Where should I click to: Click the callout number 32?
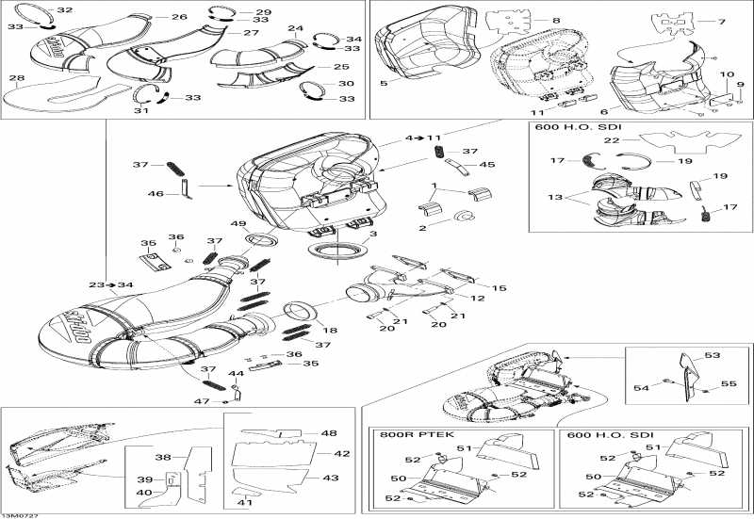click(x=64, y=10)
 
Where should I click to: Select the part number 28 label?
click(x=17, y=78)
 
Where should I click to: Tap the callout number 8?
click(x=555, y=20)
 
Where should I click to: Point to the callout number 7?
click(x=722, y=22)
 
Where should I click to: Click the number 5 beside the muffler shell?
click(x=384, y=84)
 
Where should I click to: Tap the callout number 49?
click(x=238, y=224)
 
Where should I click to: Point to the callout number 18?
click(x=330, y=331)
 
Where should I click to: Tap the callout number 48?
click(x=328, y=433)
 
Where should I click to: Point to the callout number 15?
click(x=499, y=287)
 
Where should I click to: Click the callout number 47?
click(x=200, y=401)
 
